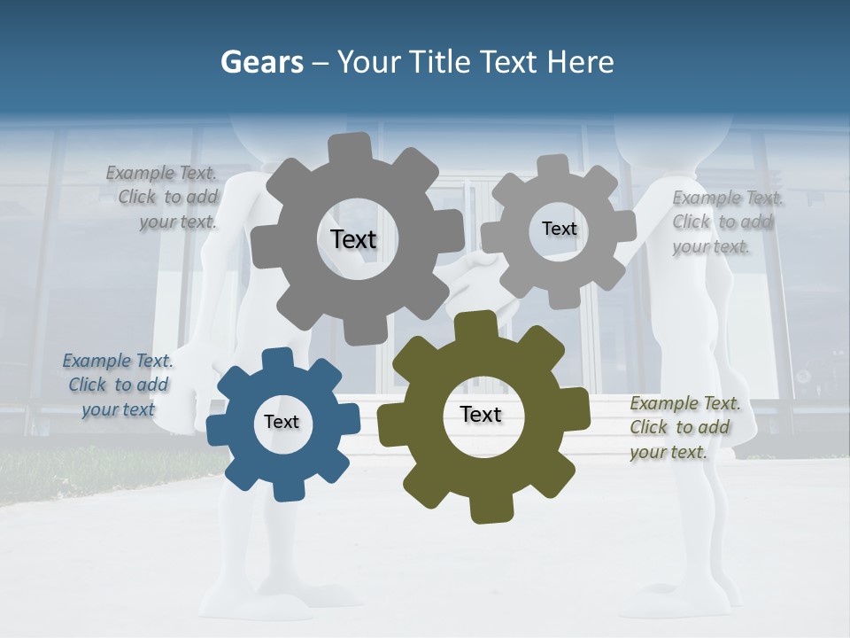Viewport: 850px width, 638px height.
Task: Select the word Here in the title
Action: (580, 63)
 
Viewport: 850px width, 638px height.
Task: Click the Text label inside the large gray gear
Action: (353, 239)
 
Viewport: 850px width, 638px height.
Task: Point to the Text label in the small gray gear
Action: (559, 229)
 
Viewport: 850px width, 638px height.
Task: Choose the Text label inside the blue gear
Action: (282, 422)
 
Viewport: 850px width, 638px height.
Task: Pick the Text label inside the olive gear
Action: (481, 414)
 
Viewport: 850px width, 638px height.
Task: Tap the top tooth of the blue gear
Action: (277, 359)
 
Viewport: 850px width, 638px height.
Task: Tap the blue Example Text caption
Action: (118, 385)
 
